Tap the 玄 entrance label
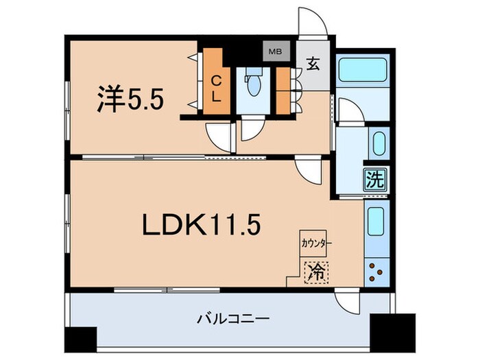[x=312, y=64]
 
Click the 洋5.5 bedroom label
[x=130, y=101]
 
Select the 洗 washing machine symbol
[x=374, y=180]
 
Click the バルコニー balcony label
[x=233, y=319]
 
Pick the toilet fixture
[x=252, y=86]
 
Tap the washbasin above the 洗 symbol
[x=378, y=145]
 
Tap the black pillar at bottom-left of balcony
[x=81, y=339]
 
